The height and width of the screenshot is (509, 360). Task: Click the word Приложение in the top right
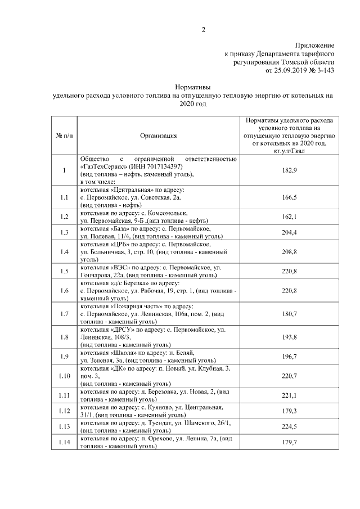click(x=315, y=46)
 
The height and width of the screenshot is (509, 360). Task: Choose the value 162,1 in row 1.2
click(x=288, y=217)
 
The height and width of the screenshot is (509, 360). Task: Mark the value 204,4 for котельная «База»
click(x=288, y=232)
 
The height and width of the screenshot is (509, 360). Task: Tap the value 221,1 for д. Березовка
click(x=288, y=395)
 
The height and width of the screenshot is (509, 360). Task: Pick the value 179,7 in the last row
click(x=288, y=442)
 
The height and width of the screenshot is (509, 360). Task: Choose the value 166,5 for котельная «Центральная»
click(x=288, y=197)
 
